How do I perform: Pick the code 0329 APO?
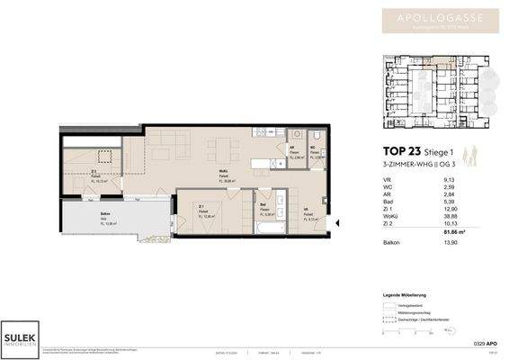[487, 346]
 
